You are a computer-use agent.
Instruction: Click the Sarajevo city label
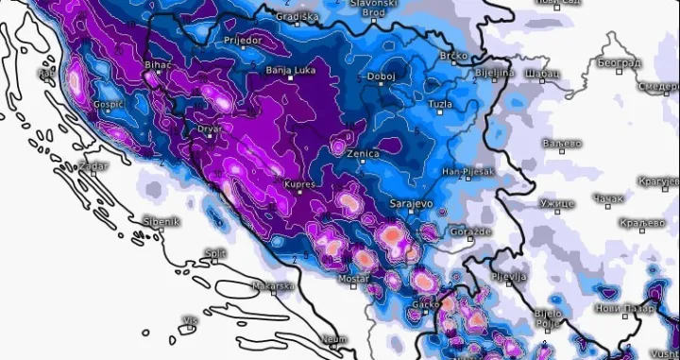point(412,204)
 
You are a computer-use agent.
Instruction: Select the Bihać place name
point(156,64)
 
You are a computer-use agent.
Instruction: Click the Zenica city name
point(364,153)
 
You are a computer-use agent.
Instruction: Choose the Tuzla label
point(440,104)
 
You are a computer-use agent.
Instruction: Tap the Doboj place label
point(382,76)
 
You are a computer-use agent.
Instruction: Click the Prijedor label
point(222,42)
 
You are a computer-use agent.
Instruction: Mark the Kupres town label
point(297,185)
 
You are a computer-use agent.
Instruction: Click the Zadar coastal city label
point(93,166)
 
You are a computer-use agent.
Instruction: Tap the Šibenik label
point(161,222)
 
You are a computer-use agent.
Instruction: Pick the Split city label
point(215,253)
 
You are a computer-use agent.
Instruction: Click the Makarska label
point(274,285)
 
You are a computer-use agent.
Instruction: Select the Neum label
point(334,338)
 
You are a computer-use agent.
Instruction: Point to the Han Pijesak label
point(468,172)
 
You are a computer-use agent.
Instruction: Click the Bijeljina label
point(494,72)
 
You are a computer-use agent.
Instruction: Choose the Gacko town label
point(425,304)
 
